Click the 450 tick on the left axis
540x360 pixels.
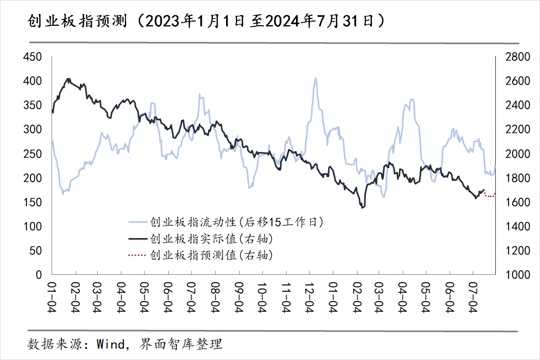click(33, 57)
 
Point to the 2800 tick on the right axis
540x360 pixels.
click(517, 57)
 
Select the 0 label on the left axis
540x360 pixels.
click(38, 275)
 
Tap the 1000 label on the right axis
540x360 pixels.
click(517, 275)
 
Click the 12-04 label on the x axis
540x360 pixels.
click(309, 297)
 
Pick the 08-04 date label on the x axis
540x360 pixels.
click(215, 297)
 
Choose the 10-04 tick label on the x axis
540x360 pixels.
click(262, 297)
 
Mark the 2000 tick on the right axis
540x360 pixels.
click(517, 154)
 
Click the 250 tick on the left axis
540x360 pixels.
click(33, 154)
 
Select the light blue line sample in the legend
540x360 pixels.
click(138, 222)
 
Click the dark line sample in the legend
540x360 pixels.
click(138, 239)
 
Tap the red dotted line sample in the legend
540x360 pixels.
click(138, 255)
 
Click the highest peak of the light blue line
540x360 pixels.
click(315, 78)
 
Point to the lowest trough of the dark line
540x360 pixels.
click(362, 208)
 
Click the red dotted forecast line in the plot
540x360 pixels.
click(489, 196)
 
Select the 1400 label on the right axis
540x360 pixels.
click(517, 227)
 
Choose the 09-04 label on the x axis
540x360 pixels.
click(239, 297)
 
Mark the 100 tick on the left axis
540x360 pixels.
click(33, 227)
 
